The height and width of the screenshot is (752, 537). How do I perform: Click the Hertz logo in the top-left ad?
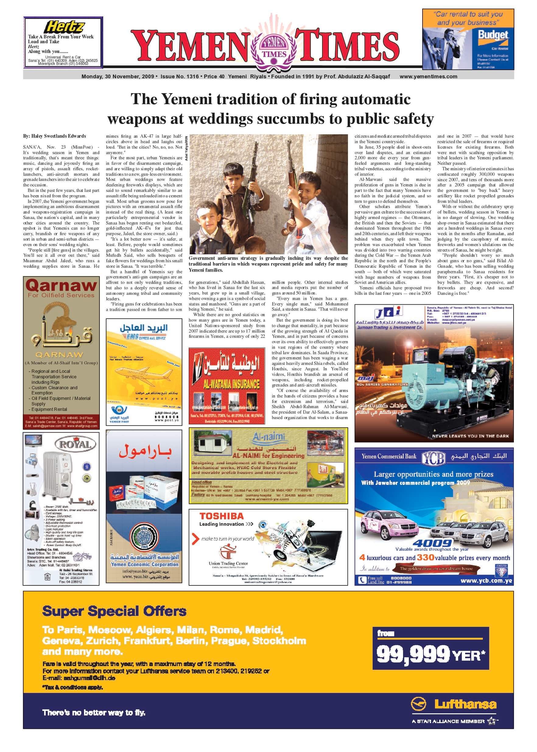tap(65, 26)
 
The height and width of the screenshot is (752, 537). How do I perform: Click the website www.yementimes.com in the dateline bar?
tap(428, 76)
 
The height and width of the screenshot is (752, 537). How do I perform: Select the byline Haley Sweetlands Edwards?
tap(54, 136)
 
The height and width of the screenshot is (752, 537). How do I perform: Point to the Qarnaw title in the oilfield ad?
tap(61, 285)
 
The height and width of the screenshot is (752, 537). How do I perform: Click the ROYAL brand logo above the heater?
tap(75, 445)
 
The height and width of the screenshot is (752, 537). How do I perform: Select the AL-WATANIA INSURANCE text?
tap(227, 384)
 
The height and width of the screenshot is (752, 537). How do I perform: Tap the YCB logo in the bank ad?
tap(433, 457)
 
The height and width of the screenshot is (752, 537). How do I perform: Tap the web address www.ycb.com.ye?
tap(486, 581)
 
